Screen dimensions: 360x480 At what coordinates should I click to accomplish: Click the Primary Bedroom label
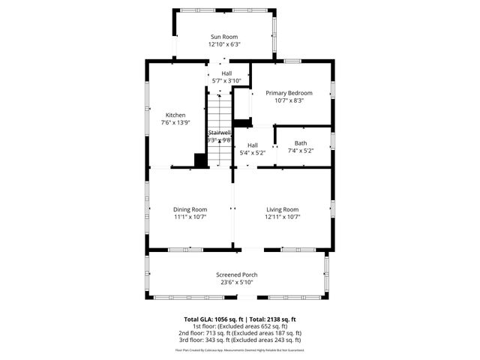[289, 93]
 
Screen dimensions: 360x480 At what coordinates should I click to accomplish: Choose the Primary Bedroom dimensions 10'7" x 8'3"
[289, 100]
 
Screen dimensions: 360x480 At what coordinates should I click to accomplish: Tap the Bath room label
[300, 142]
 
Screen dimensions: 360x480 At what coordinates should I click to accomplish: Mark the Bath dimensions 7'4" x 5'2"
[300, 150]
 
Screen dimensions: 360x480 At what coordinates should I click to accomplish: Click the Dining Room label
[190, 209]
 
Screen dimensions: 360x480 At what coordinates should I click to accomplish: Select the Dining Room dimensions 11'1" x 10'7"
[190, 217]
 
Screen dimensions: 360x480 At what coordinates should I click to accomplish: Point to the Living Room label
[282, 209]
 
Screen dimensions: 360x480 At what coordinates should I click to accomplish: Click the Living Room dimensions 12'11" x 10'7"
[282, 217]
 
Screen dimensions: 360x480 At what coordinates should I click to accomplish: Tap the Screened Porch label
[237, 274]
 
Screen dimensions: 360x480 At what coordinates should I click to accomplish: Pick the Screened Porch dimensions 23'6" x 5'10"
[237, 282]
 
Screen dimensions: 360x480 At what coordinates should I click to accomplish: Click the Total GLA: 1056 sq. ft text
[214, 319]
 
